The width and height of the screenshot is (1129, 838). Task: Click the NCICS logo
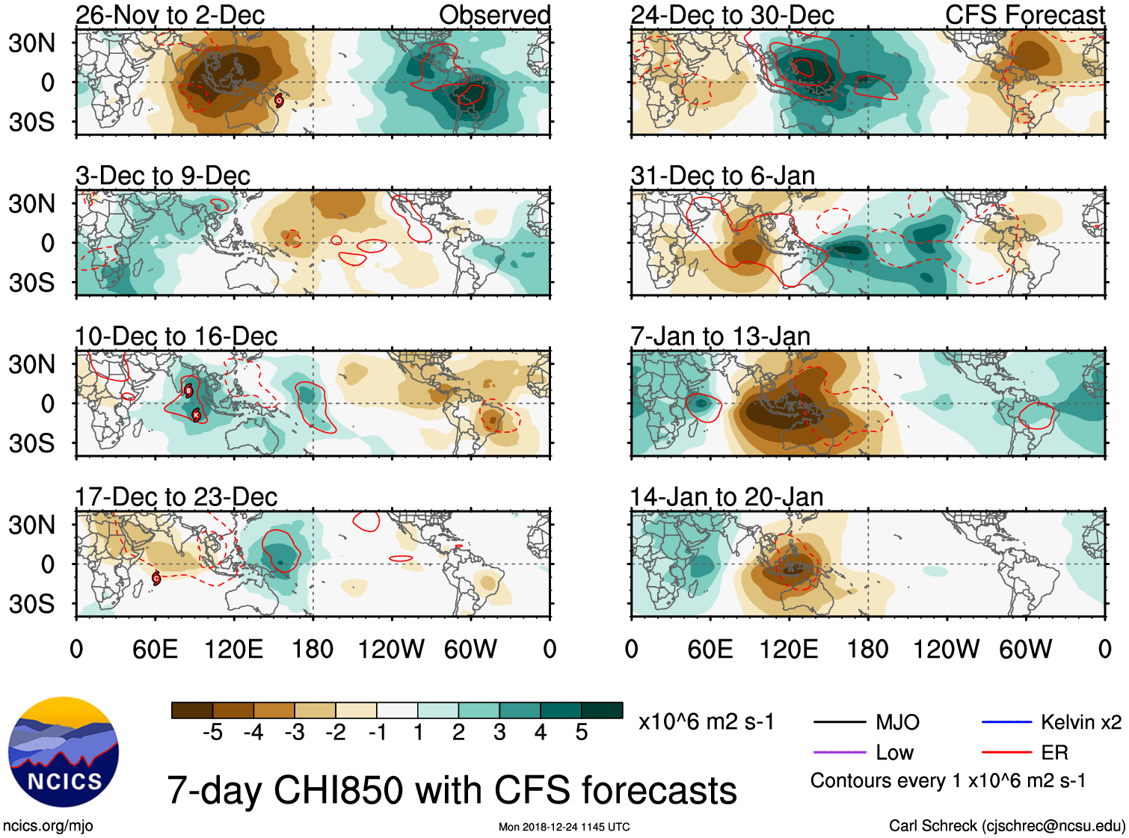click(64, 752)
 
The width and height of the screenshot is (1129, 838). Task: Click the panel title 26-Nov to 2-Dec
click(170, 15)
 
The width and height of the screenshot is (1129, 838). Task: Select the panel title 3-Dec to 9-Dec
click(162, 176)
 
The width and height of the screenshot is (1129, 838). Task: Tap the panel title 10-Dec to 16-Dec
click(176, 336)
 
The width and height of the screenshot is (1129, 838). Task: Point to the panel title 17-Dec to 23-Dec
click(176, 497)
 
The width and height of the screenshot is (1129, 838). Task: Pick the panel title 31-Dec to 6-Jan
click(722, 176)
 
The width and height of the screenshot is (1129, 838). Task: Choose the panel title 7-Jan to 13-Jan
click(720, 336)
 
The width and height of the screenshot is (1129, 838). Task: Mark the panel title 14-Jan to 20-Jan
click(726, 497)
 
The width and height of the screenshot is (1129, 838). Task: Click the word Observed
click(494, 15)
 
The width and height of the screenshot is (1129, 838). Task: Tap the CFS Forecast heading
click(1024, 15)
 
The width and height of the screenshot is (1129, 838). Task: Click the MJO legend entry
click(897, 722)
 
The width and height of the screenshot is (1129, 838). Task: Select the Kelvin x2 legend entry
click(1080, 722)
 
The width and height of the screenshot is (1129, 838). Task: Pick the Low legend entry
click(894, 753)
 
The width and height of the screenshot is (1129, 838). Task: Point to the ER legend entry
click(1054, 753)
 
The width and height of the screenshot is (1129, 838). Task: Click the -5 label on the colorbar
click(212, 733)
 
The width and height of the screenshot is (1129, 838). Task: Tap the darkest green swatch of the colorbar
click(602, 710)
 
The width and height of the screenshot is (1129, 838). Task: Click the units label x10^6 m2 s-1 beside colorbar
click(706, 722)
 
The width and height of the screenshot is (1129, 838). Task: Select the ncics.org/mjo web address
click(48, 826)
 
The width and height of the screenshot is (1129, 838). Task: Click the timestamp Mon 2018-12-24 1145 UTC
click(564, 827)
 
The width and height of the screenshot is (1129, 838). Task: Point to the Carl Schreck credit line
click(1006, 826)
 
